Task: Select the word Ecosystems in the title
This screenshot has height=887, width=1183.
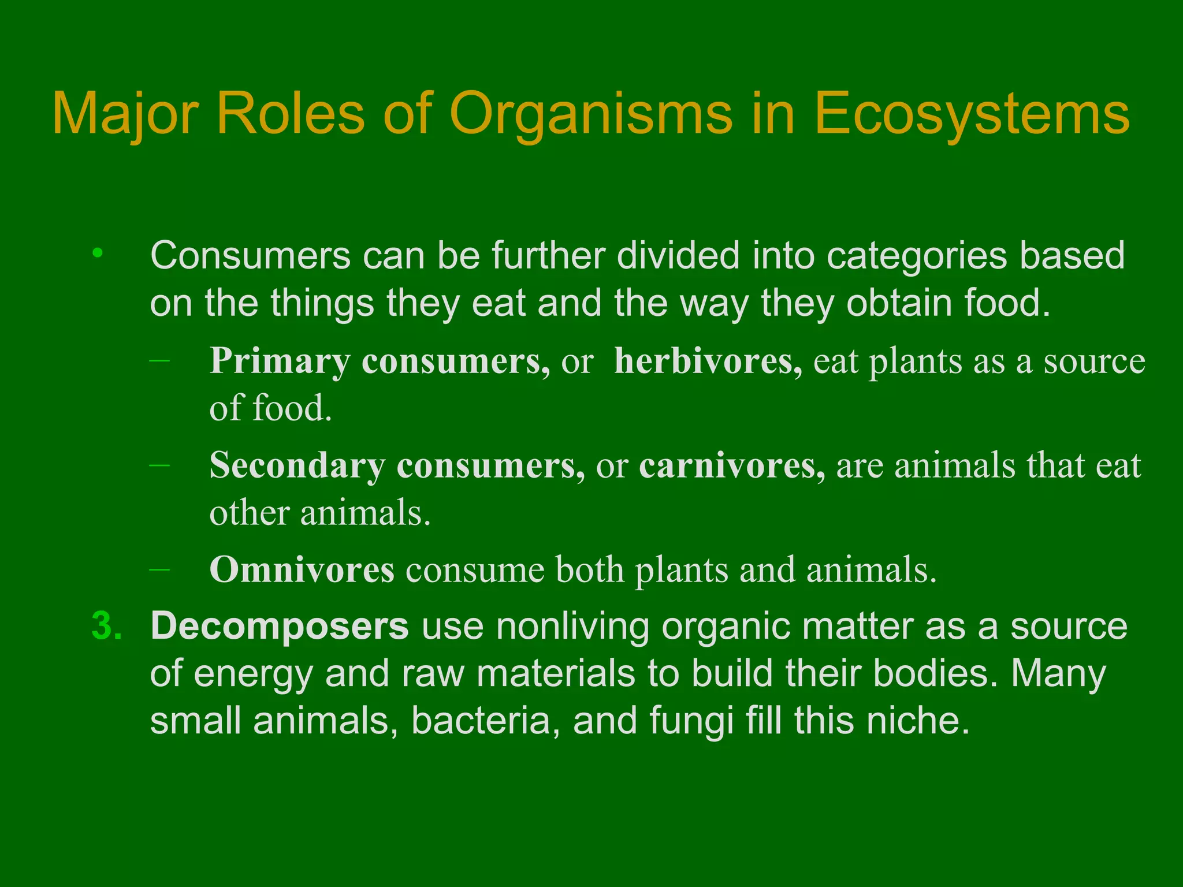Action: pos(972,114)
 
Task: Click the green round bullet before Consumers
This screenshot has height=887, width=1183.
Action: pos(98,253)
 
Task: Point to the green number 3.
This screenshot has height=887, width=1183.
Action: pos(107,627)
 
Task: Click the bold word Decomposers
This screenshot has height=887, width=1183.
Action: pos(280,627)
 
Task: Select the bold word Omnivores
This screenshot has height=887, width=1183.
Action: pos(302,569)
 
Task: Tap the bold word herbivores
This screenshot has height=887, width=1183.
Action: pos(708,361)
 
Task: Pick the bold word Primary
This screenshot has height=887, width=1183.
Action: pos(280,361)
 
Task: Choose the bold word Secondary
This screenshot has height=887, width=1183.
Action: pos(297,465)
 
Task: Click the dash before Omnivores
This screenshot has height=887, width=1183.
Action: pos(159,569)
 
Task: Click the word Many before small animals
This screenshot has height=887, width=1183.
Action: pos(1058,674)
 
